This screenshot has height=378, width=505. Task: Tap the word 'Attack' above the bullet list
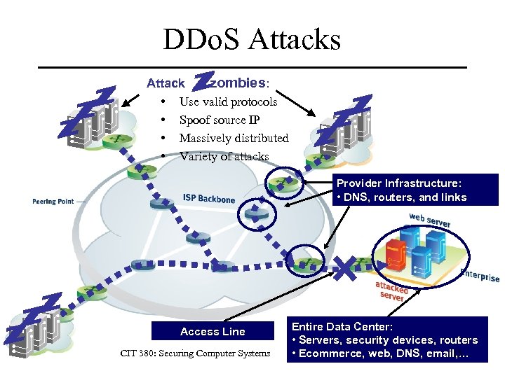[166, 83]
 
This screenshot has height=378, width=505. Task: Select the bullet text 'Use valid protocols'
[228, 102]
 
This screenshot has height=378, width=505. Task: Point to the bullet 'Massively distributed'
[234, 139]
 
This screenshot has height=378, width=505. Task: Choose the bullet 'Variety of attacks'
[224, 157]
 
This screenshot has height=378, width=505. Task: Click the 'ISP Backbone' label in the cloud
[209, 198]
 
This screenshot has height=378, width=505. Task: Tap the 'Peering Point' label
[53, 202]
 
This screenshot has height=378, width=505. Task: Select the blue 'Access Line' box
[213, 331]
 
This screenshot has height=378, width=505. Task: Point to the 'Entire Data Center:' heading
[342, 326]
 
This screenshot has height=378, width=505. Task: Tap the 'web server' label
[430, 218]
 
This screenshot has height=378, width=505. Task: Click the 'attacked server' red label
[391, 291]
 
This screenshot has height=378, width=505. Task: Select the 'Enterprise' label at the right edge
[481, 276]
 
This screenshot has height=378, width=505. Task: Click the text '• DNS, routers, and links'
[401, 197]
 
